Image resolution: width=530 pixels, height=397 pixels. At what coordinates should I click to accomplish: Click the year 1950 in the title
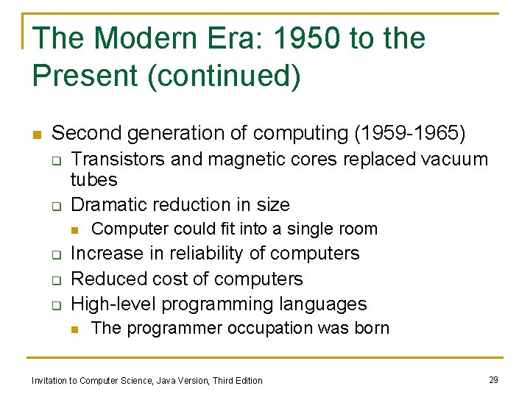pyautogui.click(x=302, y=38)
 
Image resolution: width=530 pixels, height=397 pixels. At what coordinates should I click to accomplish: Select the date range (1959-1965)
pyautogui.click(x=410, y=133)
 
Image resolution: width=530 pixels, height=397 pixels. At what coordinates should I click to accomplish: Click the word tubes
pyautogui.click(x=93, y=180)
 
